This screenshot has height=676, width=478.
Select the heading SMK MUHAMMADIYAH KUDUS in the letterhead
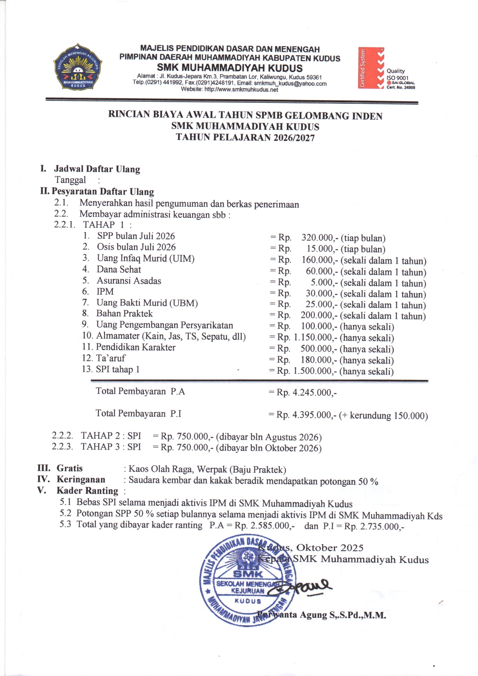tap(229, 68)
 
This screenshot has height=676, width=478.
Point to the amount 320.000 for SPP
tap(318, 238)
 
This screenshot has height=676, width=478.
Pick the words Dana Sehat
tap(118, 269)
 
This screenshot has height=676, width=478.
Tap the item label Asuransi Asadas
tap(129, 280)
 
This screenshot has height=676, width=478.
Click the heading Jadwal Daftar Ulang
tap(97, 169)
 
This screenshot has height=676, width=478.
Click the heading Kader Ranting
tap(87, 491)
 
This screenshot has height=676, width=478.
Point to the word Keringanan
tap(81, 480)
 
